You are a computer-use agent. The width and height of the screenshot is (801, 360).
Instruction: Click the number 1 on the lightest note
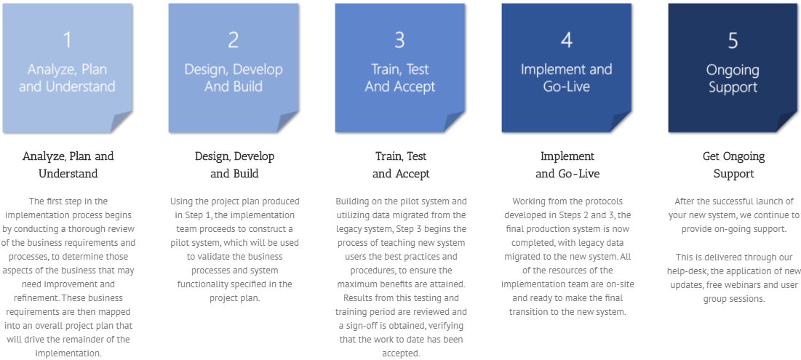tap(68, 40)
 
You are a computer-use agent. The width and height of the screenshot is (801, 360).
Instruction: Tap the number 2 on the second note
tap(234, 40)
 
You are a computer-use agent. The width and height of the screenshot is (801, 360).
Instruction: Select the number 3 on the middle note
tap(399, 40)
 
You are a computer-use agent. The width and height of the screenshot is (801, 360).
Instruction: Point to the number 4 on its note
tap(566, 40)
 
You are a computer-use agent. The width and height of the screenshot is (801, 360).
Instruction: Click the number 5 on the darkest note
tap(733, 41)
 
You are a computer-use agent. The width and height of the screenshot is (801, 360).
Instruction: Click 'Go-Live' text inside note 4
tap(566, 87)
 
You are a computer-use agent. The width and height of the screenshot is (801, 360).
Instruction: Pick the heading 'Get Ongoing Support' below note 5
tap(733, 165)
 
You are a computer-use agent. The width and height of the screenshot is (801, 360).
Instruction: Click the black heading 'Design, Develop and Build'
tap(234, 165)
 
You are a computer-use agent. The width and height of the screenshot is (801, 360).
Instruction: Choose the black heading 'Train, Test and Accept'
tap(400, 165)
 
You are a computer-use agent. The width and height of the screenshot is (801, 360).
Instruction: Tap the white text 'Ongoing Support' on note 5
tap(733, 79)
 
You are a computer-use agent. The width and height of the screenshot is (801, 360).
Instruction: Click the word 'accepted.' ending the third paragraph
tap(400, 353)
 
